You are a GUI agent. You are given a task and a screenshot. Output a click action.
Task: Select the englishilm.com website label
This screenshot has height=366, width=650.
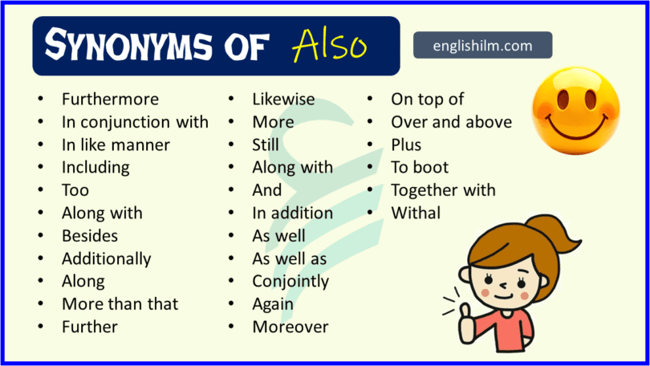point(482,46)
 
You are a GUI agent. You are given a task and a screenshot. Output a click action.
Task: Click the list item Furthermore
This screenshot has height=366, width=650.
point(110,100)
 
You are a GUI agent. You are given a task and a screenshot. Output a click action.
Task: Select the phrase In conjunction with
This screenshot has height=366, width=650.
point(135,122)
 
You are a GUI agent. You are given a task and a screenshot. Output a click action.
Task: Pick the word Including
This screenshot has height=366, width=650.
point(95,168)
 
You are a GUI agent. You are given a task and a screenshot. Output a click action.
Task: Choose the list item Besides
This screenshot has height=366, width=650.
point(90,236)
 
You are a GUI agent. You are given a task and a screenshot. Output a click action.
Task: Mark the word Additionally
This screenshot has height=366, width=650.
point(106,258)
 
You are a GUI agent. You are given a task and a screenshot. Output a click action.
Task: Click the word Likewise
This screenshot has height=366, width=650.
point(283,100)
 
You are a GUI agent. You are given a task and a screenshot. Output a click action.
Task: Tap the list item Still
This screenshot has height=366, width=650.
point(266,145)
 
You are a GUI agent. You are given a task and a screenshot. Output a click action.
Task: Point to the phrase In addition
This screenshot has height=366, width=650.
point(292,213)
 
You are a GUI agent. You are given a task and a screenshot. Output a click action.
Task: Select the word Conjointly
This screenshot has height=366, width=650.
point(290,281)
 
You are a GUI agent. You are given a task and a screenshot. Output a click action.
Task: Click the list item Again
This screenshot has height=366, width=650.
point(273,304)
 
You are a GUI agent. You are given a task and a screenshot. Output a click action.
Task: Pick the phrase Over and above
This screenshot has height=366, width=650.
point(451,122)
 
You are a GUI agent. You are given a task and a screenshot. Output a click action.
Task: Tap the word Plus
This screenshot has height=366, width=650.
point(406,145)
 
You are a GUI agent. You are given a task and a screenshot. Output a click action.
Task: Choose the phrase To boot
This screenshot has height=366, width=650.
point(420,168)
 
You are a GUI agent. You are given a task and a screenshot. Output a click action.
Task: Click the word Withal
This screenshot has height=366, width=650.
point(416,213)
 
